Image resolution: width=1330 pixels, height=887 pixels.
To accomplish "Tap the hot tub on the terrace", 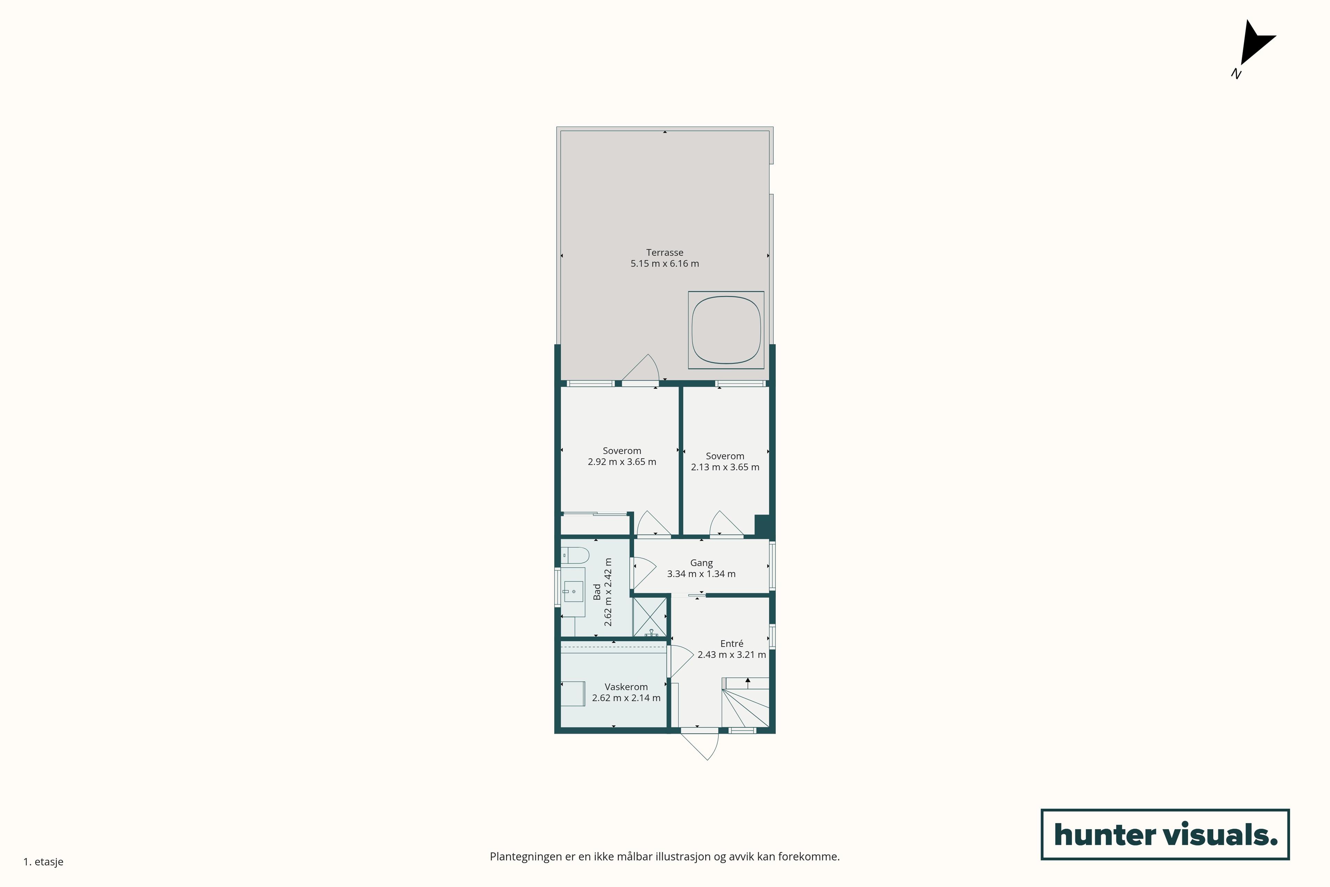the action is tap(726, 330).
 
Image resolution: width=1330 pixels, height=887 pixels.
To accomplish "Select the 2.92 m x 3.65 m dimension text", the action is tap(622, 462).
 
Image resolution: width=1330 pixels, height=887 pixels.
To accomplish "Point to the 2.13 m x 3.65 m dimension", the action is tap(725, 467).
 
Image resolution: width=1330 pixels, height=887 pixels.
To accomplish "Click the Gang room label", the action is tap(701, 563).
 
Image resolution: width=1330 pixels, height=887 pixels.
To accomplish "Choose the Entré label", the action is tap(732, 644).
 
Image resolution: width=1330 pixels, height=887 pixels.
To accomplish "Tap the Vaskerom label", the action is tap(626, 687).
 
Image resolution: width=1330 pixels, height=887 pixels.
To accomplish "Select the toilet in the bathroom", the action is tap(575, 555).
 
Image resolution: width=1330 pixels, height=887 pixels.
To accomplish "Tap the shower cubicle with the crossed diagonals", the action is tap(650, 617).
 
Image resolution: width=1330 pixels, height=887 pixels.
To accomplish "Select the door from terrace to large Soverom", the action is tap(640, 369).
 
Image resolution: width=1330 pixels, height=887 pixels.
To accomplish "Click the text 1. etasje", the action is tap(44, 862).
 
